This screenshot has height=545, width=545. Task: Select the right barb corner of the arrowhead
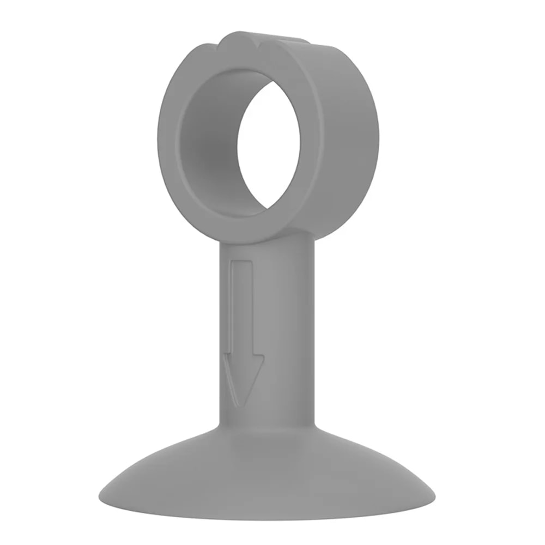(263, 357)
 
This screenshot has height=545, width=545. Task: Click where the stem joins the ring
(267, 240)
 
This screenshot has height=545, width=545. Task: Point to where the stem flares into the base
(267, 431)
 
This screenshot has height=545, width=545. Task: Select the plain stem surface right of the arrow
(289, 327)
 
